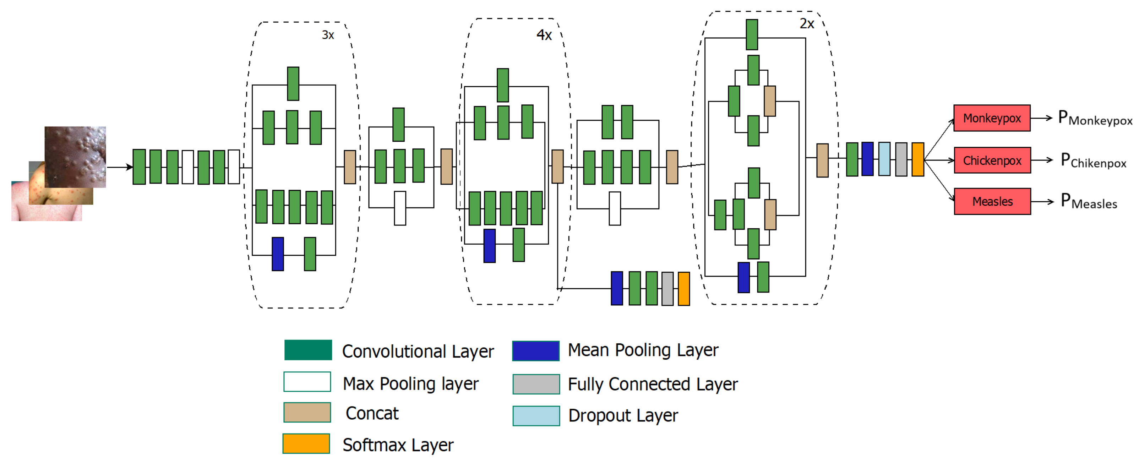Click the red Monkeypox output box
click(x=991, y=118)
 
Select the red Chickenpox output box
click(x=992, y=160)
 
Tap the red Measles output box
click(x=992, y=201)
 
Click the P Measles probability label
click(x=1089, y=201)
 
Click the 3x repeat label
click(x=328, y=35)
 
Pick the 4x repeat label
click(x=544, y=34)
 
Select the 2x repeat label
click(x=807, y=23)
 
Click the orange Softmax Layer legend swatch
click(x=306, y=443)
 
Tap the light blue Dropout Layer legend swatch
click(x=536, y=416)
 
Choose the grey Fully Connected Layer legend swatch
click(x=536, y=384)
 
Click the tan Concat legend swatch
click(x=307, y=412)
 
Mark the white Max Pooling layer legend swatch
click(x=307, y=382)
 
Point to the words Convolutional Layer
click(x=418, y=352)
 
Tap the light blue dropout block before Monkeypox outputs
click(x=884, y=159)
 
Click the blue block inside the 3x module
click(x=278, y=254)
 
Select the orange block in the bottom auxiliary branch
click(x=683, y=289)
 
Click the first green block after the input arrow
click(x=139, y=167)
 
